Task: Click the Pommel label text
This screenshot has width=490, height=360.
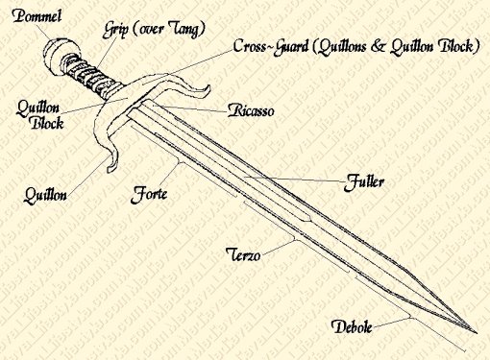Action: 32,15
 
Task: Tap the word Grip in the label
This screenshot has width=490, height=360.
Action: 117,30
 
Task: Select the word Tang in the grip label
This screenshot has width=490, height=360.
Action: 182,30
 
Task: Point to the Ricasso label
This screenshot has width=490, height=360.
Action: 253,111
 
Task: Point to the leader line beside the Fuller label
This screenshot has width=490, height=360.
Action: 307,177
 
